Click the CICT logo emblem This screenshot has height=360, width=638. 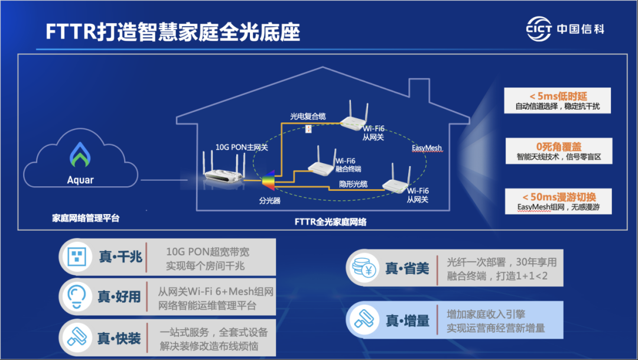(x=538, y=28)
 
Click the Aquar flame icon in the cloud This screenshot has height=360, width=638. (x=80, y=154)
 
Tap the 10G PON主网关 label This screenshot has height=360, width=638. (x=241, y=146)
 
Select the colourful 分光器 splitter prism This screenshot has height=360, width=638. (x=269, y=183)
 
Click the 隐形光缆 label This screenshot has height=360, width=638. (x=353, y=184)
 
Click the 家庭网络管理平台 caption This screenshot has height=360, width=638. (x=86, y=218)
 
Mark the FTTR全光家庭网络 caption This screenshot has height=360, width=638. (x=330, y=222)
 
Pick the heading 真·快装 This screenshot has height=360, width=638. (x=120, y=338)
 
